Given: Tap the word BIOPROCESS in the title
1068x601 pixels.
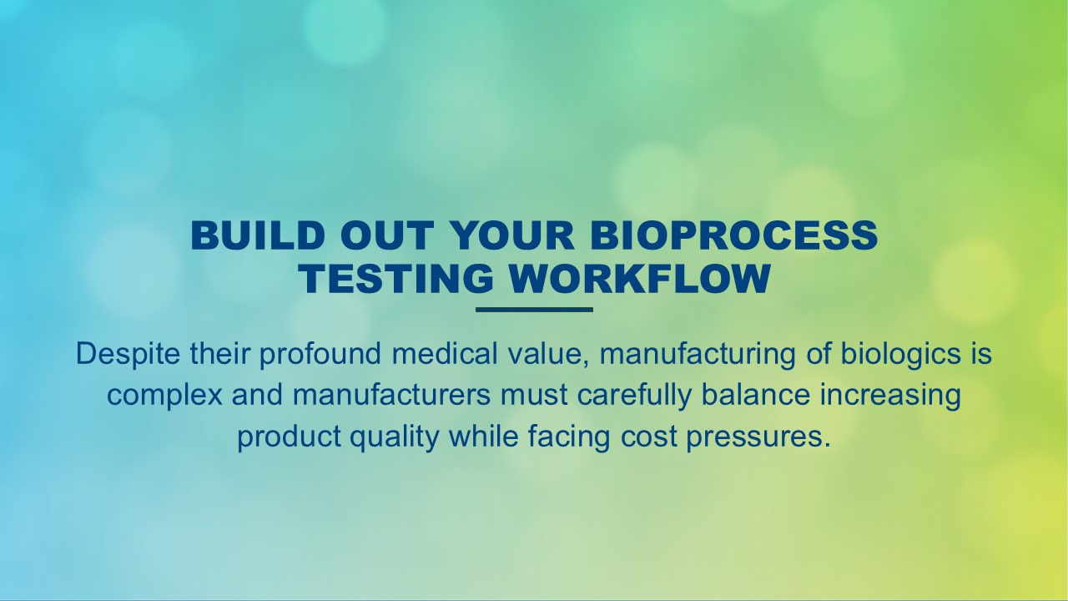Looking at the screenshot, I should pyautogui.click(x=733, y=236).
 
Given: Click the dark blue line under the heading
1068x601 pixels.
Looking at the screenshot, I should pyautogui.click(x=534, y=310).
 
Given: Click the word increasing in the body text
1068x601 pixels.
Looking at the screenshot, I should pyautogui.click(x=890, y=395).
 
